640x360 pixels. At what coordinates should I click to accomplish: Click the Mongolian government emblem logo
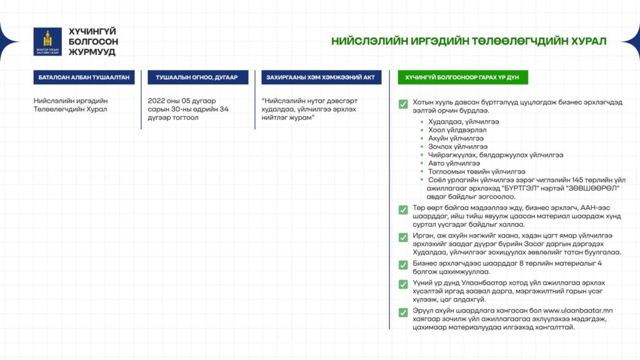pyautogui.click(x=47, y=41)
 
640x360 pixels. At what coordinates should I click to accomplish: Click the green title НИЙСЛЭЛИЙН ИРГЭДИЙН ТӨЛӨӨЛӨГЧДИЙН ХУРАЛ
pyautogui.click(x=469, y=41)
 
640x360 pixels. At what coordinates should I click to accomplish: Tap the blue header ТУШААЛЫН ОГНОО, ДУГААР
pyautogui.click(x=197, y=77)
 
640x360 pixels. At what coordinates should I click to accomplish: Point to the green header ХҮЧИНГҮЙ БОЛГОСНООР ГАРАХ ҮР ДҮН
pyautogui.click(x=463, y=77)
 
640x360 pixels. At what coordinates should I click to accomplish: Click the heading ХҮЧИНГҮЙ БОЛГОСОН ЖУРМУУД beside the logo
pyautogui.click(x=92, y=41)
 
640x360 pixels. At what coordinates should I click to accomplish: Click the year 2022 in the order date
pyautogui.click(x=158, y=101)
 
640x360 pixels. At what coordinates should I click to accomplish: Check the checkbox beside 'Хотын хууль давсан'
pyautogui.click(x=403, y=104)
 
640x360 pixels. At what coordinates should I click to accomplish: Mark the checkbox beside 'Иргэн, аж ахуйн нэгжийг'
pyautogui.click(x=403, y=237)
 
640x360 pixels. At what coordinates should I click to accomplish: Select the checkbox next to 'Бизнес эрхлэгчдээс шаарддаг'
pyautogui.click(x=403, y=265)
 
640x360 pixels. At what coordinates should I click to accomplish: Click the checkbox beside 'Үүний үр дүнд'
pyautogui.click(x=403, y=284)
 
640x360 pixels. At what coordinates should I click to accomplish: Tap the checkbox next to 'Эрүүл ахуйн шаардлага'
pyautogui.click(x=403, y=312)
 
